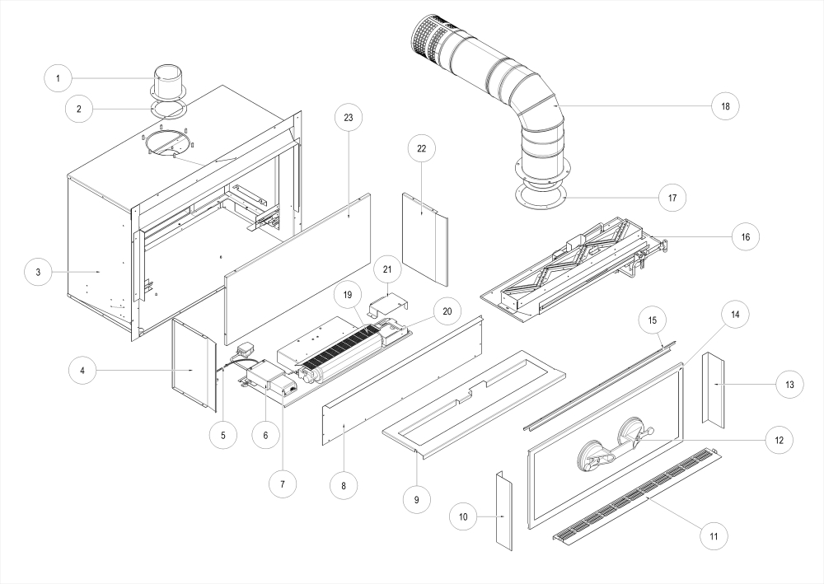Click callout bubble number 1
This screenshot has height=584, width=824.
click(x=58, y=79)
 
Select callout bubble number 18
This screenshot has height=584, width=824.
click(x=725, y=106)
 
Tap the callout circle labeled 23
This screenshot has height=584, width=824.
click(x=348, y=118)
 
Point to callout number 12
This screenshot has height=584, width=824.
click(x=779, y=440)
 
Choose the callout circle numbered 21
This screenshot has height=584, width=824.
click(x=388, y=269)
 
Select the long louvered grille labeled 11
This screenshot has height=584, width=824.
click(x=634, y=494)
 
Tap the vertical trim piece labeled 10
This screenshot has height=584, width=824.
click(x=503, y=509)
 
